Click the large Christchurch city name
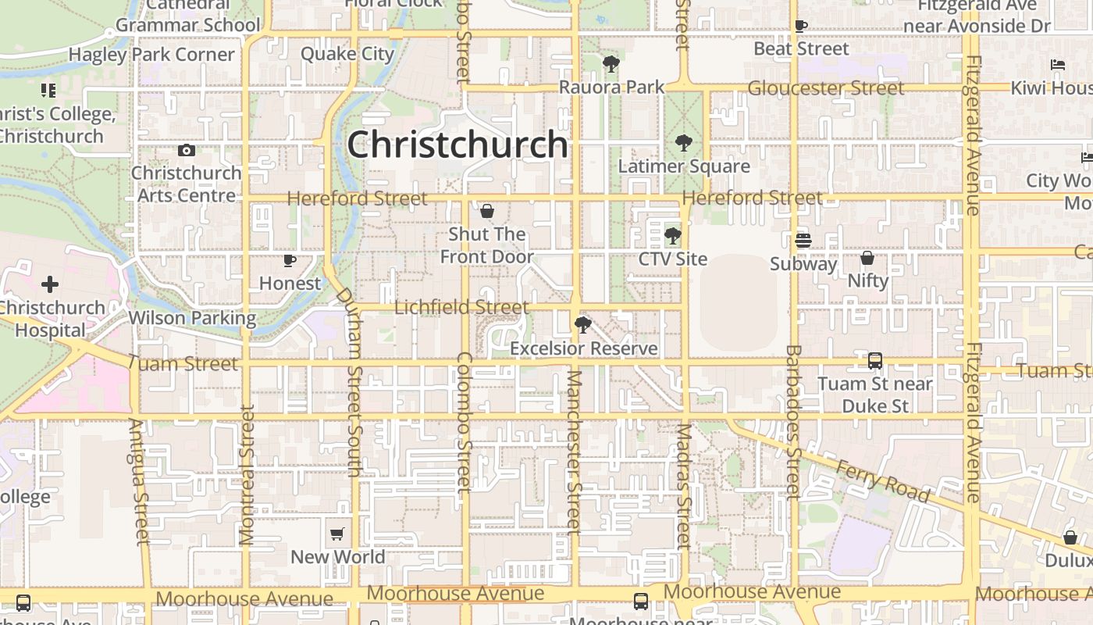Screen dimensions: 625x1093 click(x=457, y=145)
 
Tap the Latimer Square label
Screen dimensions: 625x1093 click(x=684, y=166)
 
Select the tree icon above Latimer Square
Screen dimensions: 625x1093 click(x=684, y=143)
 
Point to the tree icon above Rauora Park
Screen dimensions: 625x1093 click(x=611, y=64)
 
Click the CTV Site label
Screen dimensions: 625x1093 click(x=673, y=259)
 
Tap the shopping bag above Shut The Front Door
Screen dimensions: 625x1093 click(x=487, y=211)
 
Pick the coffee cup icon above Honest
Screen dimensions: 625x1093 click(x=290, y=260)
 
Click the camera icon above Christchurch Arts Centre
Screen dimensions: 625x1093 click(x=187, y=150)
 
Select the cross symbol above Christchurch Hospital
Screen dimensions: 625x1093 click(x=50, y=284)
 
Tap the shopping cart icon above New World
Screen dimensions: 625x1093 click(x=337, y=534)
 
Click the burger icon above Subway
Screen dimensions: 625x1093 click(x=803, y=241)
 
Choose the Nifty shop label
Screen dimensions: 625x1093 click(x=868, y=280)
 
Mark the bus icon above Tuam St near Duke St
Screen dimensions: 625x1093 click(x=875, y=361)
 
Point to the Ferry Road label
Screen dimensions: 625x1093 click(x=882, y=480)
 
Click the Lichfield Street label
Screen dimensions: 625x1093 click(x=461, y=307)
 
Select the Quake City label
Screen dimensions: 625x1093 click(x=347, y=54)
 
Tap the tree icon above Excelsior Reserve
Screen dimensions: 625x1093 click(x=582, y=325)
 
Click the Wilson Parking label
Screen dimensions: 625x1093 click(x=192, y=318)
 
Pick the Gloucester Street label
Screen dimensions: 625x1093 click(x=826, y=87)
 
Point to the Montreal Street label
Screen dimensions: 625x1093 click(x=247, y=475)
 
